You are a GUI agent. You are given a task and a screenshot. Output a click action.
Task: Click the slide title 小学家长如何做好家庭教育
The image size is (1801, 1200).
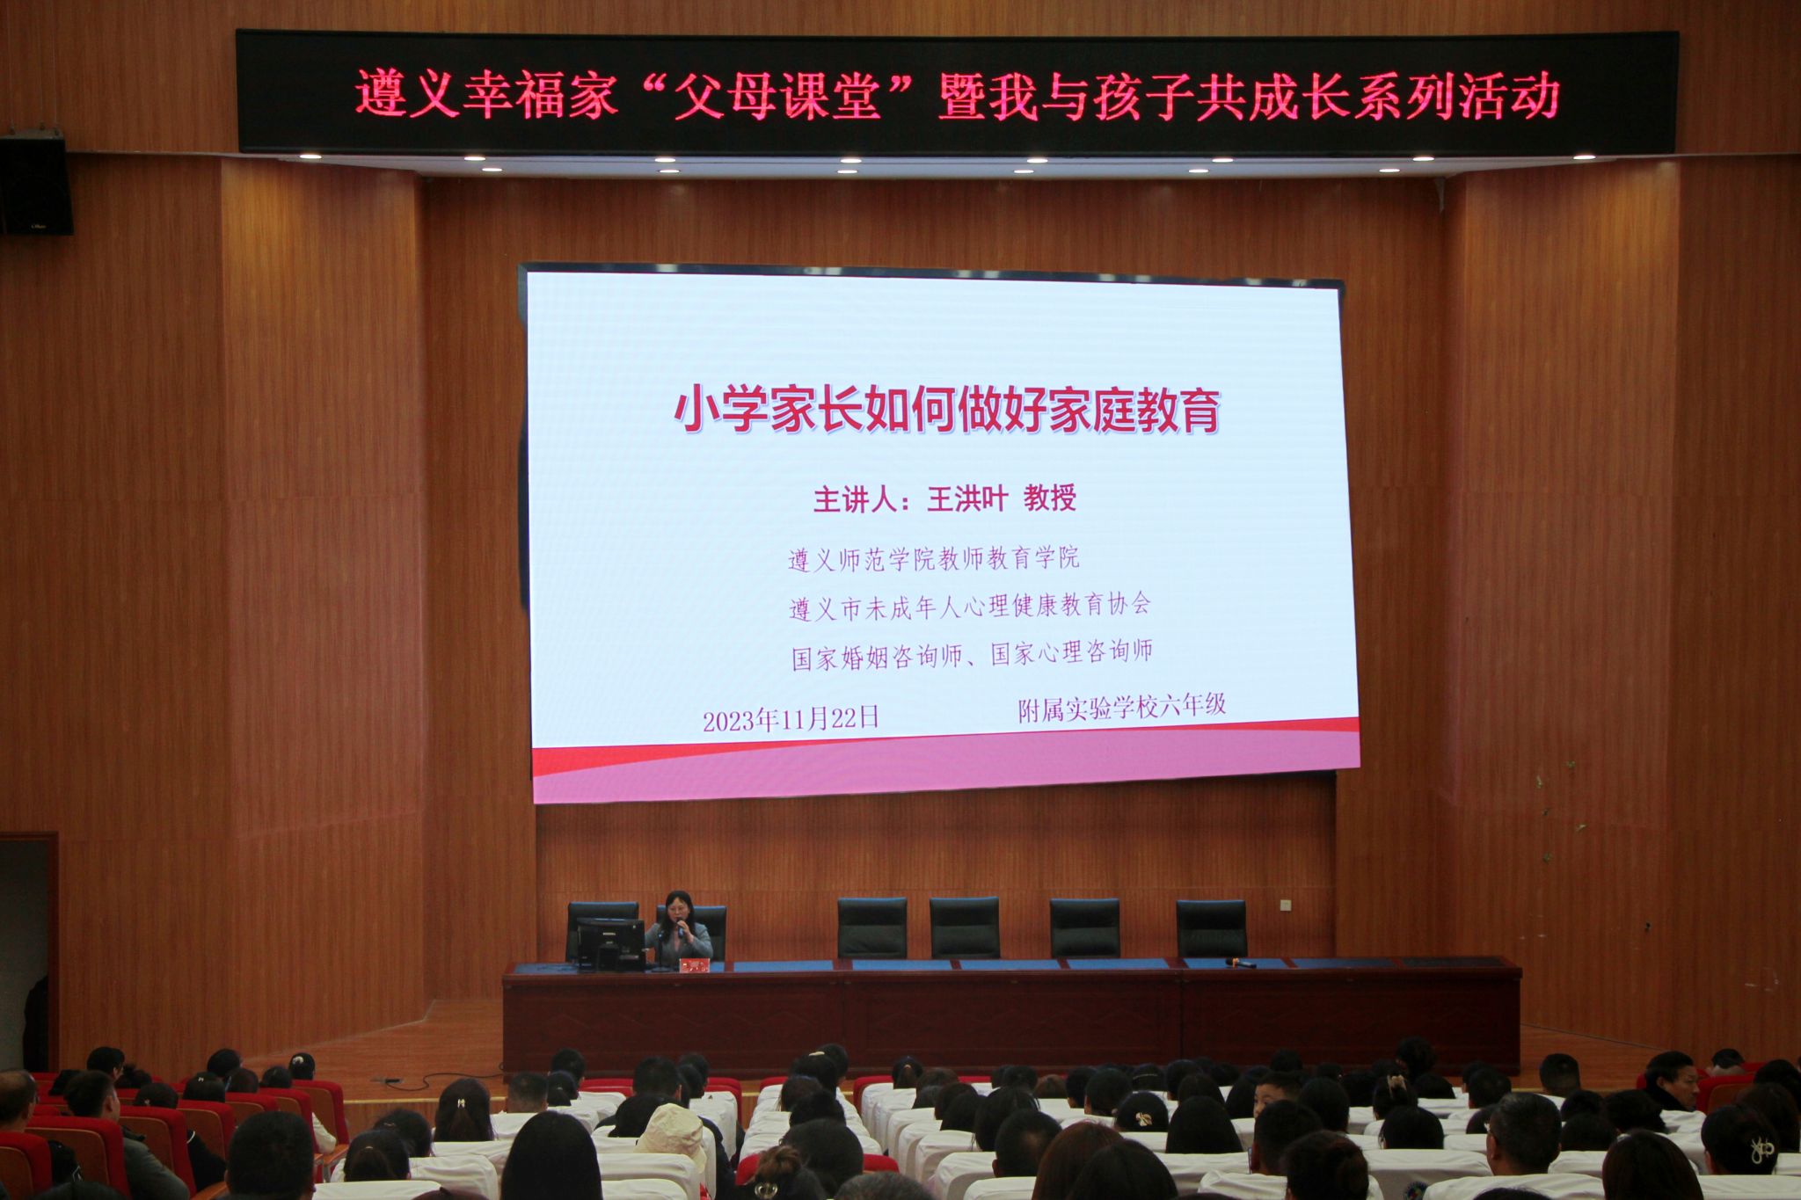click(x=947, y=410)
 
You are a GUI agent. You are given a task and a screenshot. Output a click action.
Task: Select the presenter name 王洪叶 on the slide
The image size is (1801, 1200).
click(x=966, y=499)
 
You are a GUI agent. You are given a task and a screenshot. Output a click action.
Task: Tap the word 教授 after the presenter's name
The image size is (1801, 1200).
click(x=1049, y=498)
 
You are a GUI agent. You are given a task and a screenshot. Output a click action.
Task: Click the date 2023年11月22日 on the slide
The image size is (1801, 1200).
click(x=791, y=719)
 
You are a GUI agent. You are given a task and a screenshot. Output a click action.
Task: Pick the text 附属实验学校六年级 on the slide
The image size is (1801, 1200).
click(x=1121, y=706)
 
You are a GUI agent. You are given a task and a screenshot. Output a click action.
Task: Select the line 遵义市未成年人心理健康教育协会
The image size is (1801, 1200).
click(x=970, y=606)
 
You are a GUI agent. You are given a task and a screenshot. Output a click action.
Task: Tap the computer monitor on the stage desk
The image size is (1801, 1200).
click(x=609, y=942)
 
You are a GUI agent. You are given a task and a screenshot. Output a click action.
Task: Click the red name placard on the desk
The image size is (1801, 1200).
click(x=694, y=965)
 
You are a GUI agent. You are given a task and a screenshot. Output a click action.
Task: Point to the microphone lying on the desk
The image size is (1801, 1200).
click(x=1242, y=963)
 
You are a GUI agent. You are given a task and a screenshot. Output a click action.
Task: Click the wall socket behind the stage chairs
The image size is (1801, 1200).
click(x=1285, y=905)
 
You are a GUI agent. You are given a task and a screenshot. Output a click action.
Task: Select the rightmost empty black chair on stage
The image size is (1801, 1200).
click(x=1211, y=928)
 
